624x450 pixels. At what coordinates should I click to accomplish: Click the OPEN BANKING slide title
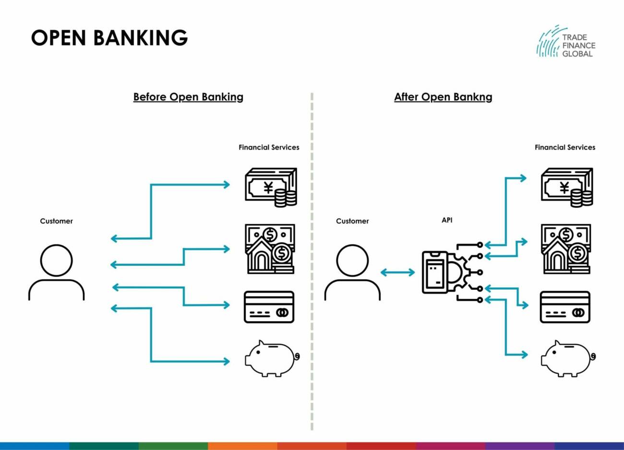(109, 37)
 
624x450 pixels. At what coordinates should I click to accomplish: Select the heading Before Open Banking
(188, 97)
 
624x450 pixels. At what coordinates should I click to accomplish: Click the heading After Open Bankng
(443, 97)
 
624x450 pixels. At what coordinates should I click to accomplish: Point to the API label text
(447, 220)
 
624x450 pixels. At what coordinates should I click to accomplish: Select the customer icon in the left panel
(56, 272)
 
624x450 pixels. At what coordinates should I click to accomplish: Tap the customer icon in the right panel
(352, 272)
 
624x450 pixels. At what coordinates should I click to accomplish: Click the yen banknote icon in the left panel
(271, 187)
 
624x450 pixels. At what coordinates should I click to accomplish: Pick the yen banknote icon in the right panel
(567, 187)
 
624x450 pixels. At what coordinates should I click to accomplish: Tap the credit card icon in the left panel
(269, 307)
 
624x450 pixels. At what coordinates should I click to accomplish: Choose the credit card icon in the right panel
(565, 307)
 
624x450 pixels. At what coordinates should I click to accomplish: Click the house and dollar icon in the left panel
(270, 249)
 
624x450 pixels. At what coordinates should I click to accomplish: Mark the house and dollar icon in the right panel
(566, 249)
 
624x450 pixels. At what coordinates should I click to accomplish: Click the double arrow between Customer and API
(397, 273)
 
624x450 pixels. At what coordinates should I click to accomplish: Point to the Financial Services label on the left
(269, 147)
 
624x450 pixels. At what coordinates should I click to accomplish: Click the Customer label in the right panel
(352, 221)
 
